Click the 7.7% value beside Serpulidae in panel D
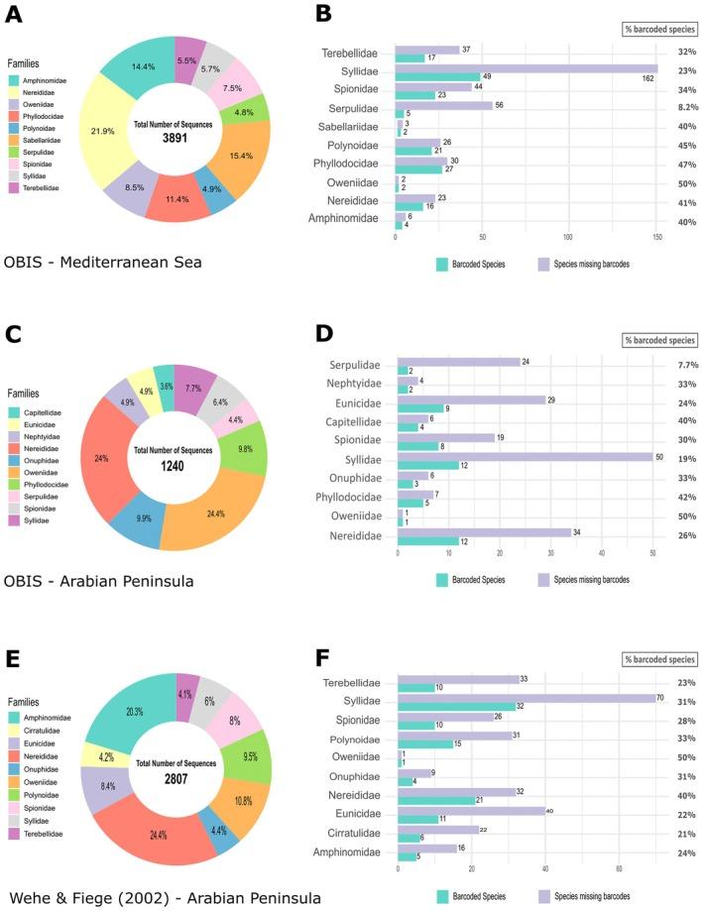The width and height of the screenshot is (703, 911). point(680,365)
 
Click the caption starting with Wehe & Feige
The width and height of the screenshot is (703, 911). point(162,898)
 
